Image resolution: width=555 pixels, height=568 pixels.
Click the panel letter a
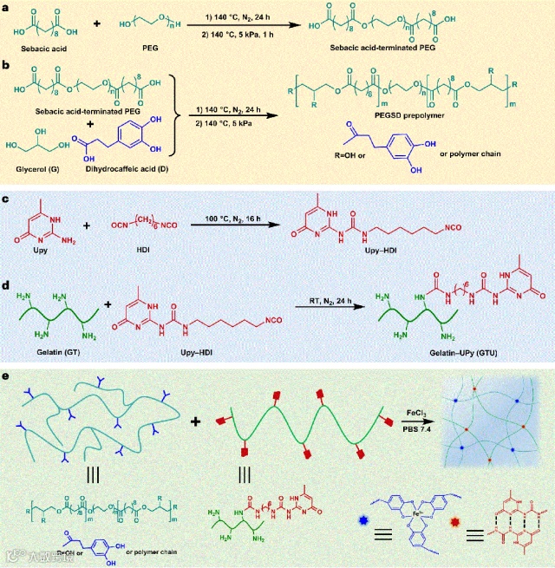[x=8, y=7]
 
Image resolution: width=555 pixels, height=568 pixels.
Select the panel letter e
[x=8, y=378]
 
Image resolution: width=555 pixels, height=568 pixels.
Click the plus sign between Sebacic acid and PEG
[x=95, y=22]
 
